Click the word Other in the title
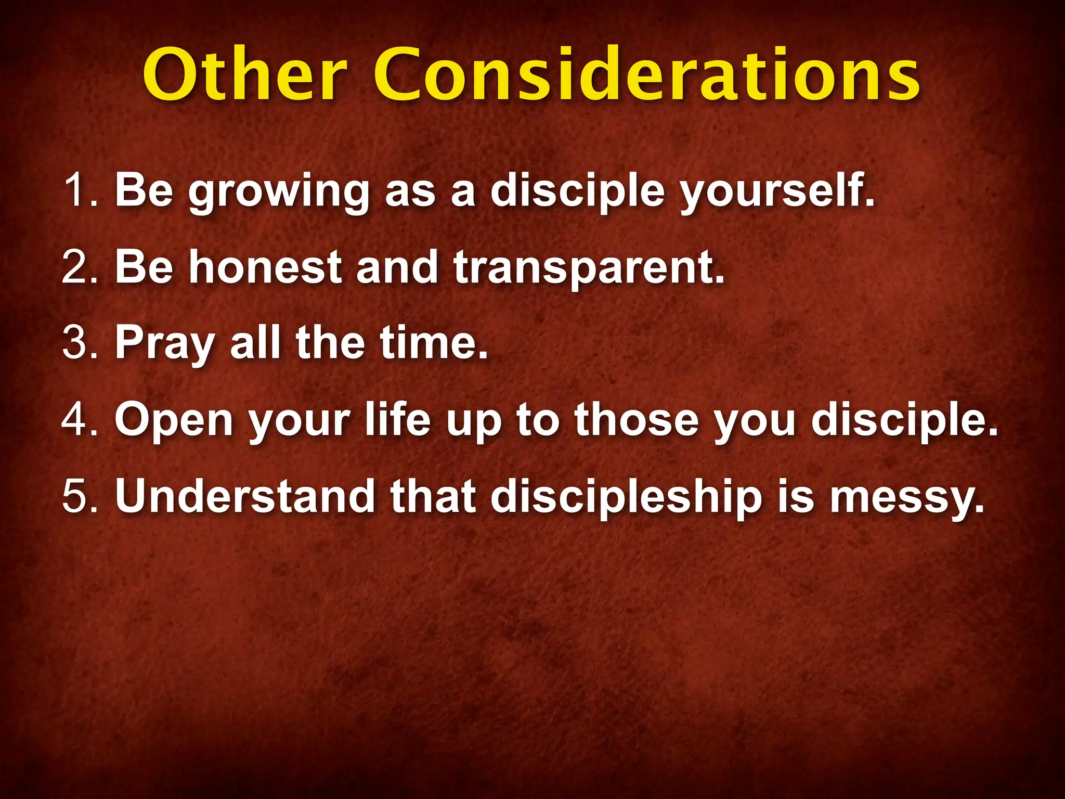click(244, 75)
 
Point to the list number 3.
click(78, 343)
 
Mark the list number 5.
click(78, 496)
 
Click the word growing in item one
click(279, 192)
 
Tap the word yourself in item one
click(777, 192)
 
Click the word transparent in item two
click(588, 268)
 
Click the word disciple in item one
click(577, 192)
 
